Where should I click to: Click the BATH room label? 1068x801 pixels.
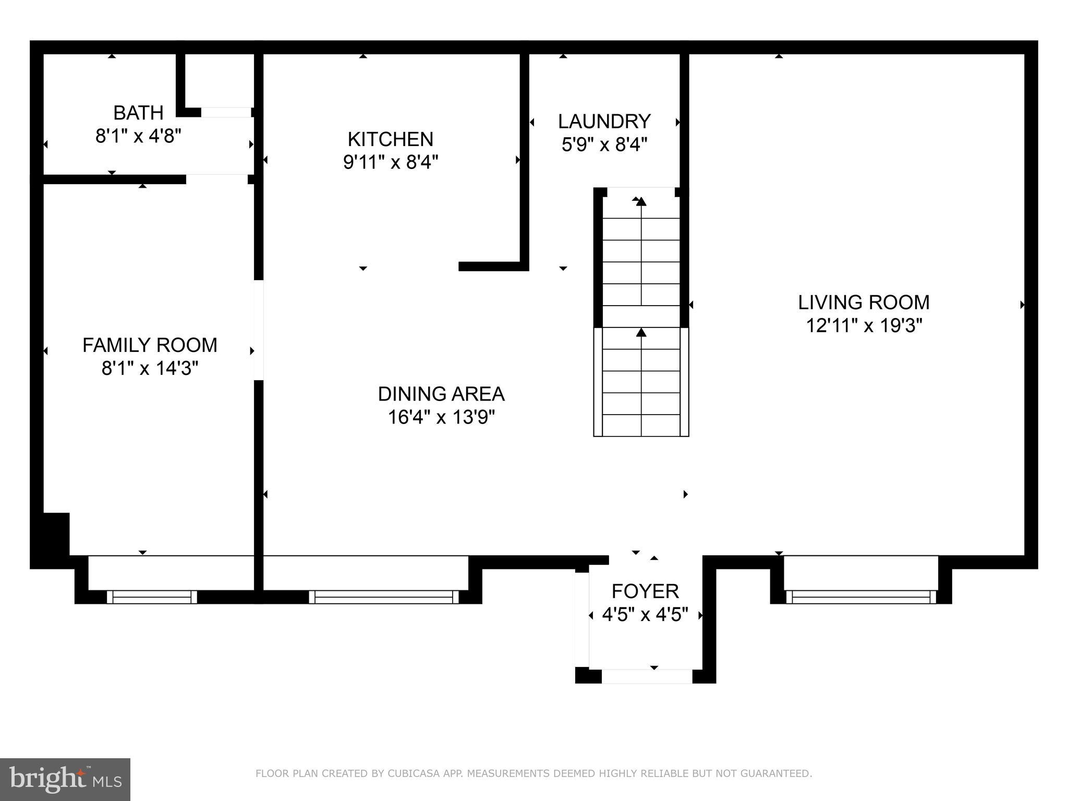(138, 113)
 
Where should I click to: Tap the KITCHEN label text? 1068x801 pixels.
(391, 139)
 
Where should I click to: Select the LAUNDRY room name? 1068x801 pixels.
(604, 122)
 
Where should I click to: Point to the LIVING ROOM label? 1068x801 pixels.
(864, 302)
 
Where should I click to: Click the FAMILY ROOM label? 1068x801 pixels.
(150, 345)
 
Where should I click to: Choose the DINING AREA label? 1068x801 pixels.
(441, 394)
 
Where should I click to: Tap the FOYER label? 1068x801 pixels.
(645, 591)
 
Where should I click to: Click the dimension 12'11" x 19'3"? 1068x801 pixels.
(864, 326)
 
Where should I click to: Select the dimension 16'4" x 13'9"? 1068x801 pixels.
(441, 417)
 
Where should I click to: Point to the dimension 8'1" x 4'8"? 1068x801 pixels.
(138, 137)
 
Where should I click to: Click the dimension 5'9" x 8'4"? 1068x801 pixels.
(604, 144)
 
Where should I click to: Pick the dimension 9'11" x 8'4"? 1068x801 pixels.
(391, 163)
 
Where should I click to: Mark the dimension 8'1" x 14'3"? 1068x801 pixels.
(150, 369)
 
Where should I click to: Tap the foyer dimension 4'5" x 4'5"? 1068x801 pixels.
(645, 615)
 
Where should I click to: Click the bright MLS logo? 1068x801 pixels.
(65, 780)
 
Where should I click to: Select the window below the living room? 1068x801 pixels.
(861, 597)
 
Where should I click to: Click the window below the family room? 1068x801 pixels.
(152, 597)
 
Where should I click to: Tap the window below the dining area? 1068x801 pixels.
(384, 597)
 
